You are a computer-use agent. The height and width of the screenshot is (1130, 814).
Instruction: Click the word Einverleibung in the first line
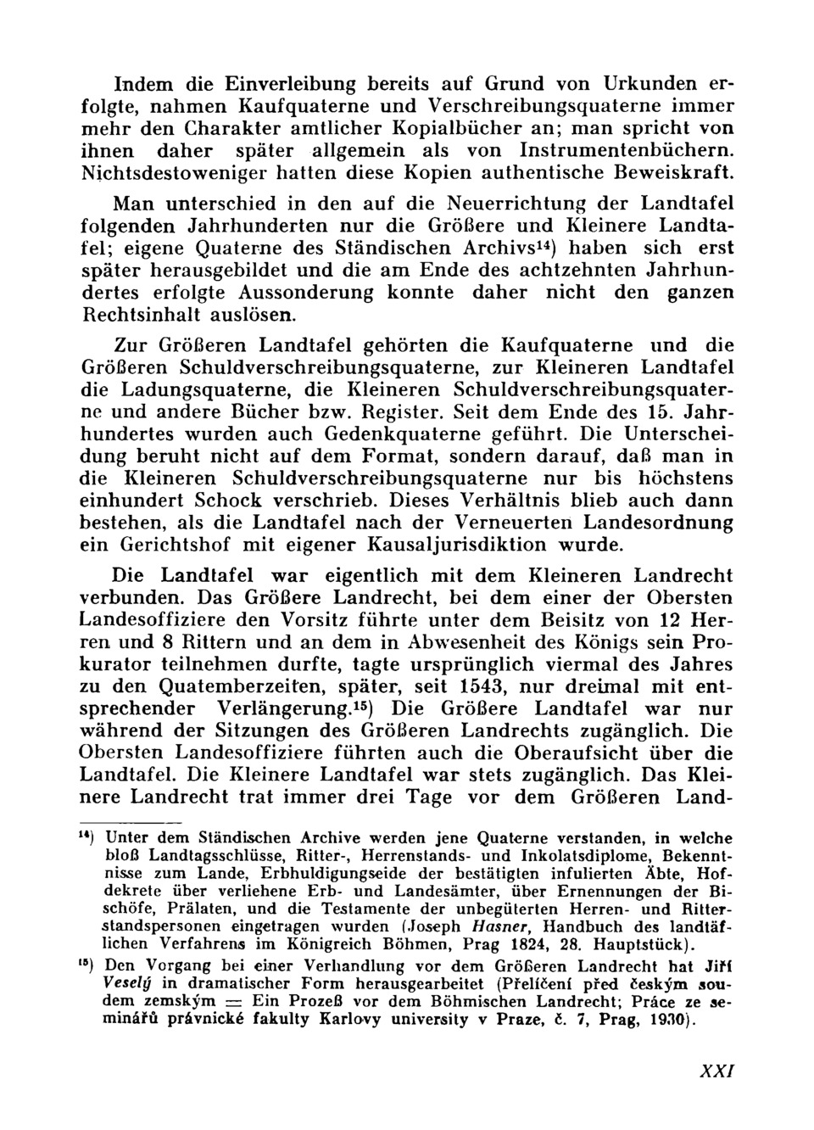pos(284,85)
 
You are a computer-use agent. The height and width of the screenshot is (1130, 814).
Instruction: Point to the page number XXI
pos(714,1070)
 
